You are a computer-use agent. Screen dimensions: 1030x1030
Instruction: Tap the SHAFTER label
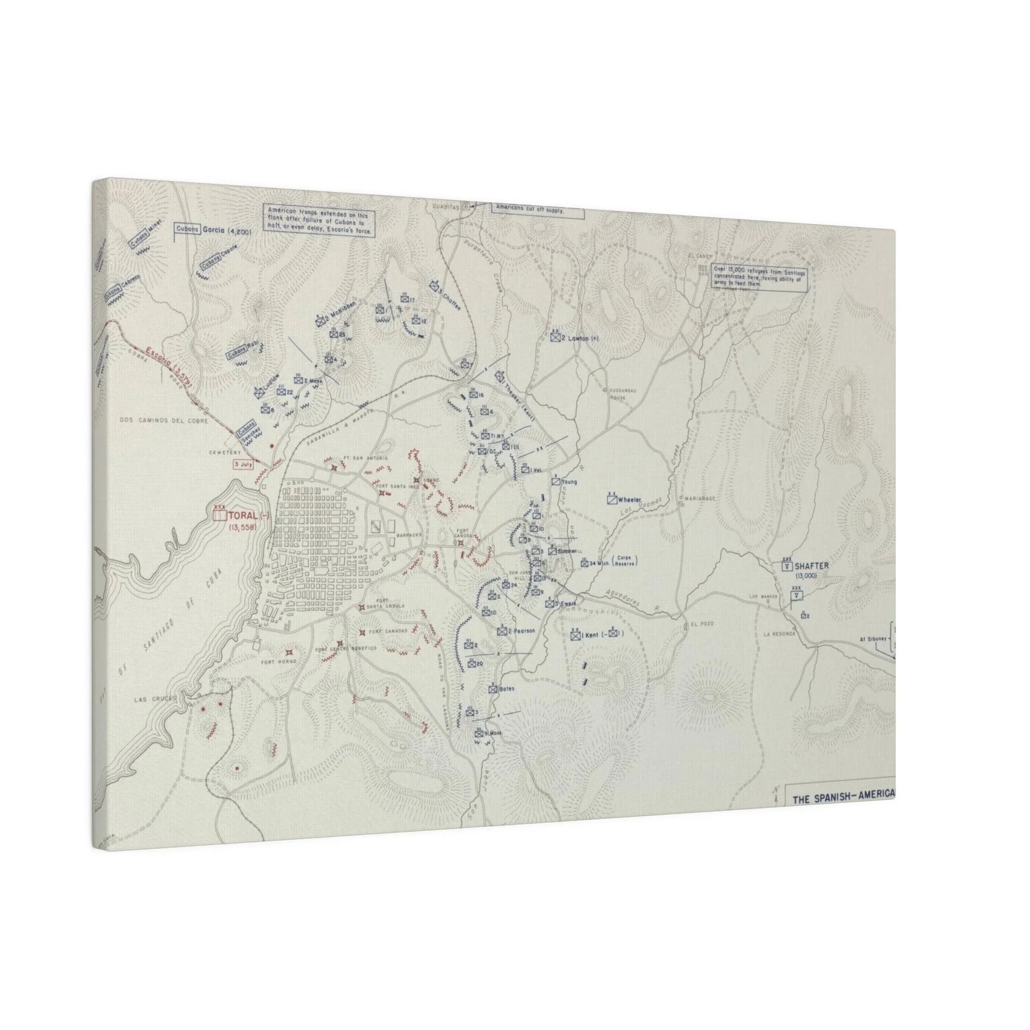[812, 566]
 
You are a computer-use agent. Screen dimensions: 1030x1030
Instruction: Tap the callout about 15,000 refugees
[760, 277]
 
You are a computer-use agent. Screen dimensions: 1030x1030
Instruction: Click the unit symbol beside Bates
[493, 689]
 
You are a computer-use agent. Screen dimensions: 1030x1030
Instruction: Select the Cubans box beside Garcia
[186, 229]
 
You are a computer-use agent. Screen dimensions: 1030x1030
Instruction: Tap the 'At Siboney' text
[873, 638]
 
